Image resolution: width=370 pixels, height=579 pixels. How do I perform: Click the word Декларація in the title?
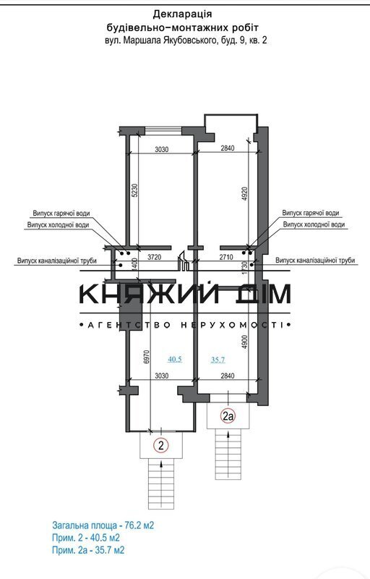182,14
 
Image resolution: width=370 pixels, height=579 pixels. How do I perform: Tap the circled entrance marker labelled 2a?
228,417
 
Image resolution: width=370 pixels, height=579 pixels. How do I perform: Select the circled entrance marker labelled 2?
160,445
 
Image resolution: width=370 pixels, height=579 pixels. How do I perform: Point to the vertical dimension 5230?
134,190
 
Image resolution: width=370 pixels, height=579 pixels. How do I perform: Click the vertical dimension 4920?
245,193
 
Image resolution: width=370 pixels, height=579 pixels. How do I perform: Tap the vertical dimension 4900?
245,342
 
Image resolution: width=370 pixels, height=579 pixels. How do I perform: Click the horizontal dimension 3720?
155,257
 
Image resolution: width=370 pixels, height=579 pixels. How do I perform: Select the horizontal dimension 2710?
226,257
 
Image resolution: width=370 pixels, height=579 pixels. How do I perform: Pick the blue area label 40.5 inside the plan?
175,359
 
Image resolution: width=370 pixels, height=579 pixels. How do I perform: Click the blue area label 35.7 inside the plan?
218,360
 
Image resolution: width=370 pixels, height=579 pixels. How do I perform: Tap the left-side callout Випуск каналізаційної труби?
57,261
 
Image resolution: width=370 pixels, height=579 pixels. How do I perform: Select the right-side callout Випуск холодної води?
314,224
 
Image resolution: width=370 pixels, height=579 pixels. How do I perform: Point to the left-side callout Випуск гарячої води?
61,214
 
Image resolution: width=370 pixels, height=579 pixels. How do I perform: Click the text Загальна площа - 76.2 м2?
103,525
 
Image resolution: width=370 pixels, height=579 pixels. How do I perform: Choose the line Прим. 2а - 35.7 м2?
88,550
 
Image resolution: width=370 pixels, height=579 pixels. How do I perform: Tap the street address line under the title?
186,41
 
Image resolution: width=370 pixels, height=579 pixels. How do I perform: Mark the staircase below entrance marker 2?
160,485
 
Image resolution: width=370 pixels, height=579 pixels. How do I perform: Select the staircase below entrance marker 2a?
228,455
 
